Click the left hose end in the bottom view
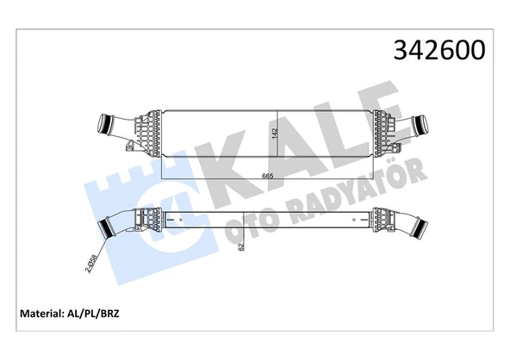[x=109, y=229]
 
